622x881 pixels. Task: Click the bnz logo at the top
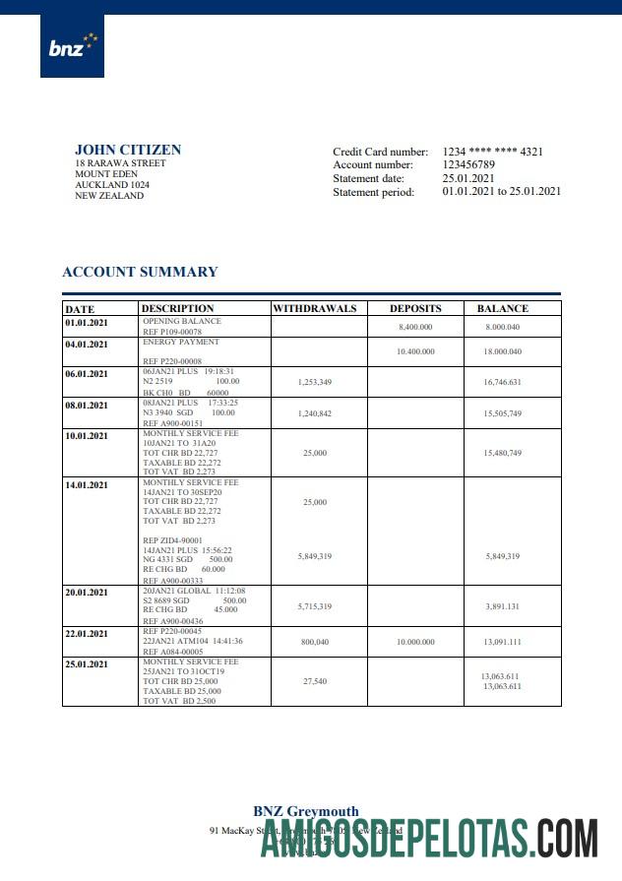72,46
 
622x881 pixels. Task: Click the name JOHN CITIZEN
128,150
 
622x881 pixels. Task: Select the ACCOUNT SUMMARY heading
140,272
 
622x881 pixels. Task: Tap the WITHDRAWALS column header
314,308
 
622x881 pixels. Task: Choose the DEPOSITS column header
415,308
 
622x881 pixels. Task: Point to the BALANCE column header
502,308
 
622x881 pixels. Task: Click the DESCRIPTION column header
178,308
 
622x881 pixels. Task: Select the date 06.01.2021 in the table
87,374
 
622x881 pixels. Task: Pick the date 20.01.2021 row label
87,593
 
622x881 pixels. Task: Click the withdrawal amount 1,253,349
314,381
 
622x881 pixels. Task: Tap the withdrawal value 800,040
314,641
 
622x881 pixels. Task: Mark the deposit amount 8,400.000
415,326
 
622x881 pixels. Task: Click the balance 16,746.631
502,381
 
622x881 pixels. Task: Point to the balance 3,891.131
502,606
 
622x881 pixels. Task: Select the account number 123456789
468,165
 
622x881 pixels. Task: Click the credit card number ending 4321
492,152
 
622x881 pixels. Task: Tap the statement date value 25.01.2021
468,178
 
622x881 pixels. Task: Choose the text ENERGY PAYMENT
181,343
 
